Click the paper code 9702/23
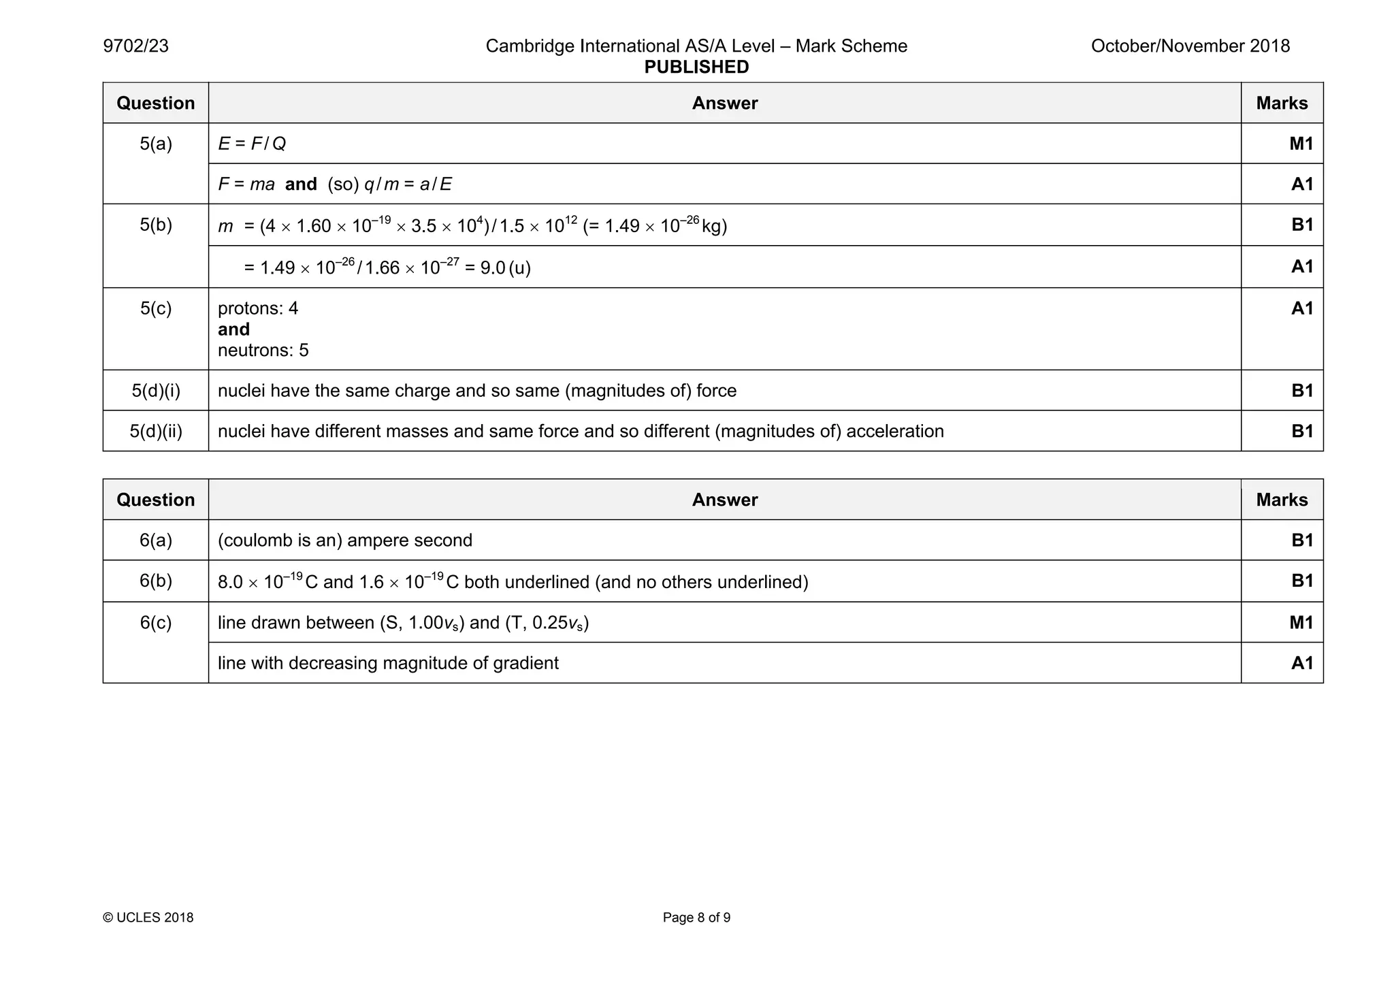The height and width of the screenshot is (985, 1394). [135, 46]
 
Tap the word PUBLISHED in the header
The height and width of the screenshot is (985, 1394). [696, 67]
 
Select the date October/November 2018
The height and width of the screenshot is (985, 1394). [1190, 46]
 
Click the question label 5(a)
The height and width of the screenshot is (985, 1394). [156, 144]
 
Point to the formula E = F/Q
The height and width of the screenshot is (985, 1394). [252, 144]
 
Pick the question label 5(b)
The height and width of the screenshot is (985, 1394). [156, 225]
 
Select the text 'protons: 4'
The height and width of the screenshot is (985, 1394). [258, 308]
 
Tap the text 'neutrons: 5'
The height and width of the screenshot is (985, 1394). [263, 351]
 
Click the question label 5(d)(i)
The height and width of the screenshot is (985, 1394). [156, 391]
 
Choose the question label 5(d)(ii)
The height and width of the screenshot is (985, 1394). [156, 432]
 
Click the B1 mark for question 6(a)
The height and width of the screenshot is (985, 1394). [1301, 540]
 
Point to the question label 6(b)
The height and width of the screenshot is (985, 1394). [156, 581]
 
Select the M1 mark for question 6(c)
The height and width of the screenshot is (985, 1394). [1301, 622]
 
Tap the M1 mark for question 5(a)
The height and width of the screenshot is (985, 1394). [1301, 144]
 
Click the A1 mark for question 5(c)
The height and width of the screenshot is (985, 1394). [1301, 308]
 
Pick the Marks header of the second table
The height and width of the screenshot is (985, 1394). [1282, 500]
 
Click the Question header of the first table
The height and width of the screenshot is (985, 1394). [156, 103]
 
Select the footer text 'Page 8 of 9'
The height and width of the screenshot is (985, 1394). [696, 918]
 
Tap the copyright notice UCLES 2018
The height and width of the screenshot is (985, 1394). [148, 918]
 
